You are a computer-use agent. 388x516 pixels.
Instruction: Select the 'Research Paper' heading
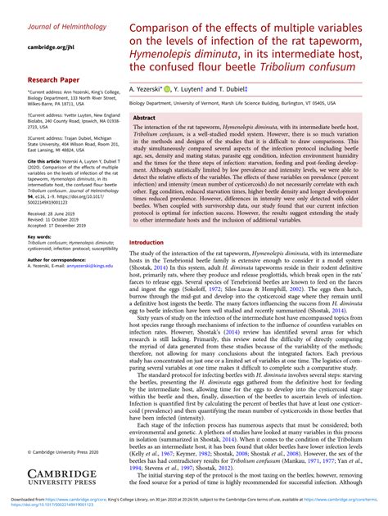55,80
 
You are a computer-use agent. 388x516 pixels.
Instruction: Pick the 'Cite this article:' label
50,162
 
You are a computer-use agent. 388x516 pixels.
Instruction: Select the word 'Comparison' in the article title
163,30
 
